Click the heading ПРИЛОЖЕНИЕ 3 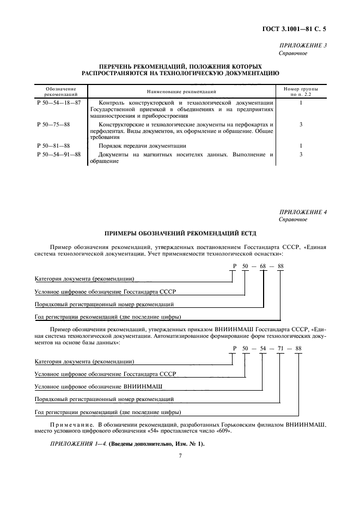pos(303,46)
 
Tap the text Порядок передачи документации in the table pos(142,146)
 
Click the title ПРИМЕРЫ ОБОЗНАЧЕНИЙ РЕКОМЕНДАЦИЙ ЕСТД pos(180,233)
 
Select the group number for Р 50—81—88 pos(301,146)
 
